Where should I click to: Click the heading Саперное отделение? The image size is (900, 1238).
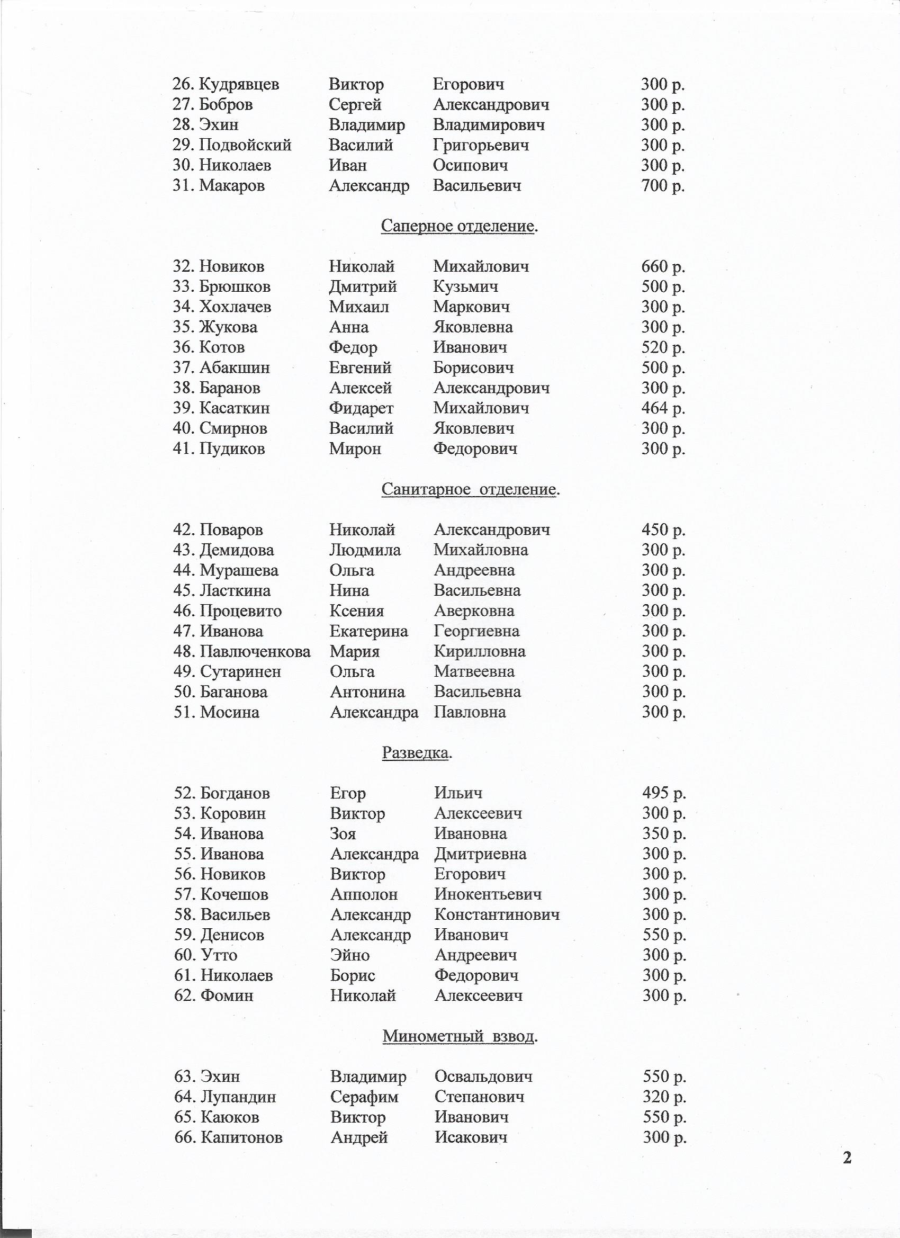pyautogui.click(x=459, y=226)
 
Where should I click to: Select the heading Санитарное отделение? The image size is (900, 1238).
pyautogui.click(x=471, y=489)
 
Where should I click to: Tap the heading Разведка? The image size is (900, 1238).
pyautogui.click(x=417, y=753)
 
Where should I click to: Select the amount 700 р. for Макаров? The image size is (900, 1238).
pyautogui.click(x=663, y=185)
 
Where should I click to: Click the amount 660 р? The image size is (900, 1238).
pyautogui.click(x=663, y=266)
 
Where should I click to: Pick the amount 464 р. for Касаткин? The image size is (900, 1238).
pyautogui.click(x=663, y=408)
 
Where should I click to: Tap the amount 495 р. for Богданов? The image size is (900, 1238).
pyautogui.click(x=664, y=793)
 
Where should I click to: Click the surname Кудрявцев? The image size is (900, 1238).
pyautogui.click(x=239, y=85)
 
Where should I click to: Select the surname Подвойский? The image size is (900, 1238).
pyautogui.click(x=245, y=145)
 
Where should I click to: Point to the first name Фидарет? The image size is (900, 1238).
pyautogui.click(x=361, y=408)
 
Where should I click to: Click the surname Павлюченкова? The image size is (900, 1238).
pyautogui.click(x=255, y=651)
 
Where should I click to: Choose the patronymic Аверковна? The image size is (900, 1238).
pyautogui.click(x=474, y=611)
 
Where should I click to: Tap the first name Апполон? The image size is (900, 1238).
pyautogui.click(x=364, y=894)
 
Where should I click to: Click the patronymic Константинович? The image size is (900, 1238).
pyautogui.click(x=497, y=914)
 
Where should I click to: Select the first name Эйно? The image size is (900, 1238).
pyautogui.click(x=350, y=955)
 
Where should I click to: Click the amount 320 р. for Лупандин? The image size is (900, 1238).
pyautogui.click(x=664, y=1096)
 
